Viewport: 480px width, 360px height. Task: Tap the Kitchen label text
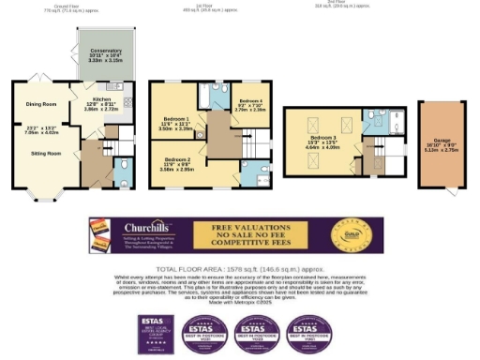point(104,98)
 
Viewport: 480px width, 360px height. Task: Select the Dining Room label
point(40,103)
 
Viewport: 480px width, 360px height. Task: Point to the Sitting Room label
point(46,150)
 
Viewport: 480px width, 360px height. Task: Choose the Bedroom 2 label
point(176,160)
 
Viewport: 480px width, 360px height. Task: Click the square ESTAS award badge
point(153,332)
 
